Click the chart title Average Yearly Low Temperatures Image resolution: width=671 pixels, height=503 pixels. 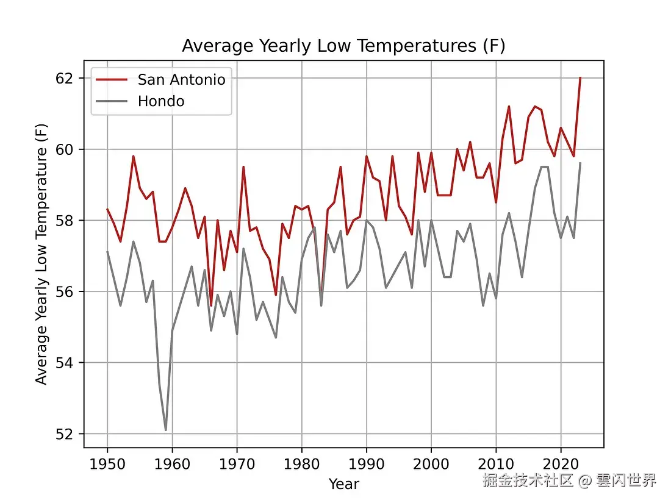coord(343,46)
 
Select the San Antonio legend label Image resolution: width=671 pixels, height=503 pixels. coord(181,80)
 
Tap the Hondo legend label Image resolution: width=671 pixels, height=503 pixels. coord(161,101)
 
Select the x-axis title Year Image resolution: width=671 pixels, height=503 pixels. coord(343,484)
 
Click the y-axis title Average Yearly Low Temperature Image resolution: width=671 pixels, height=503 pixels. coord(41,256)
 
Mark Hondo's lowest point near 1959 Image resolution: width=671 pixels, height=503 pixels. coord(166,430)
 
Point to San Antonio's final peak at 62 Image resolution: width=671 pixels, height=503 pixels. coord(580,78)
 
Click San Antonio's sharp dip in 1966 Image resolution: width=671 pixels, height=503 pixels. coord(211,305)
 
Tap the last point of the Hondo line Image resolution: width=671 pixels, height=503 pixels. coord(580,163)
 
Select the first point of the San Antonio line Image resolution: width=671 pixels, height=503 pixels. coord(107,209)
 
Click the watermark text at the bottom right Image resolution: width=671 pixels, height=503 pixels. coord(569,480)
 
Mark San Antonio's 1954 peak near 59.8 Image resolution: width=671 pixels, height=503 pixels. coord(133,156)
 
